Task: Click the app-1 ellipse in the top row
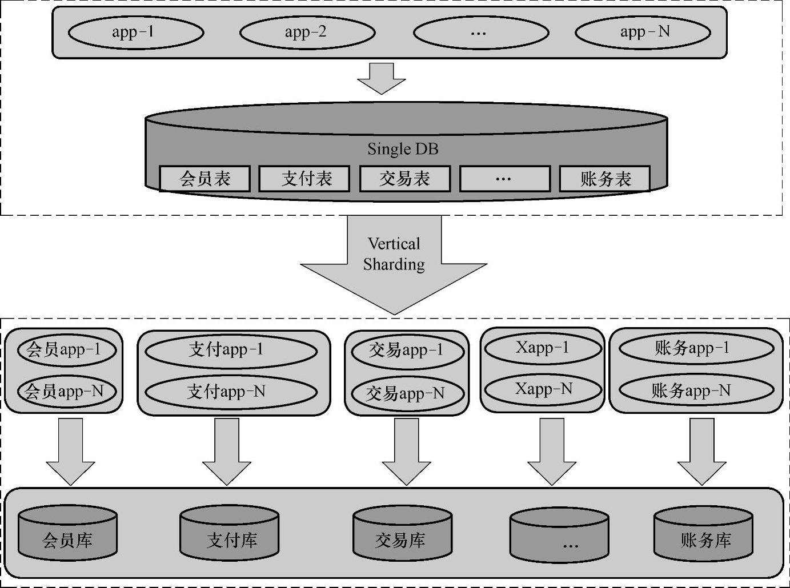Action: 136,32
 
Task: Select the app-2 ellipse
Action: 307,32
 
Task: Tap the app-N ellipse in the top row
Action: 643,32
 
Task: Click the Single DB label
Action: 403,149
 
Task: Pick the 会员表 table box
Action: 204,179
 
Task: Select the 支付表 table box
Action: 304,179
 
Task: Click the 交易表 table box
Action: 405,179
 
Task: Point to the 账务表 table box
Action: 605,179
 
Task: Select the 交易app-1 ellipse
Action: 407,350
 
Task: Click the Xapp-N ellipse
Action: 543,389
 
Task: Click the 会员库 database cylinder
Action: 67,534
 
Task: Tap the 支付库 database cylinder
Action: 230,534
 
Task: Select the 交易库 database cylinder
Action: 402,534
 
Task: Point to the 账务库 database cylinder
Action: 703,534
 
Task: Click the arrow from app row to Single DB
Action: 382,78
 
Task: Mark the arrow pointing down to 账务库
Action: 701,451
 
